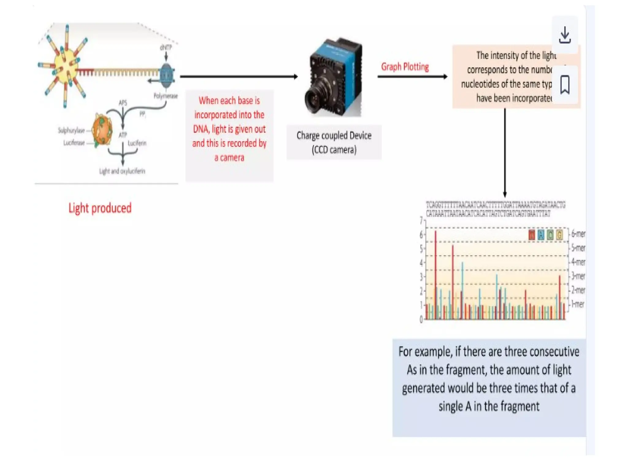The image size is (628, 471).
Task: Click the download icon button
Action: point(565,35)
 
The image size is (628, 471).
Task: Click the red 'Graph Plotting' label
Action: point(405,67)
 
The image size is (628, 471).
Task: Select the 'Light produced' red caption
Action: point(100,208)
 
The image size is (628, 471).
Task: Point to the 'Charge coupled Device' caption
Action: point(334,136)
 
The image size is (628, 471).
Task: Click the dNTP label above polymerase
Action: point(166,48)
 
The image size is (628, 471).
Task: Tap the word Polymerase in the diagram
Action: point(166,96)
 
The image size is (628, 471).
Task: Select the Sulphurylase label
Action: point(71,131)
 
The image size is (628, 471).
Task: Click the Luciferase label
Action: point(74,143)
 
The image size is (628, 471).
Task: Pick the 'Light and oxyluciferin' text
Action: point(122,171)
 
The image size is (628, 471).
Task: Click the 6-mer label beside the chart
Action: point(578,234)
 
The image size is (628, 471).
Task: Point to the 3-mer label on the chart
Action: point(578,276)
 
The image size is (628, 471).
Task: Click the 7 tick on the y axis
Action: point(421,220)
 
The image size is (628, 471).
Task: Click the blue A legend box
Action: point(541,235)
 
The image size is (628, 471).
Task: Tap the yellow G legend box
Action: point(560,235)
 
